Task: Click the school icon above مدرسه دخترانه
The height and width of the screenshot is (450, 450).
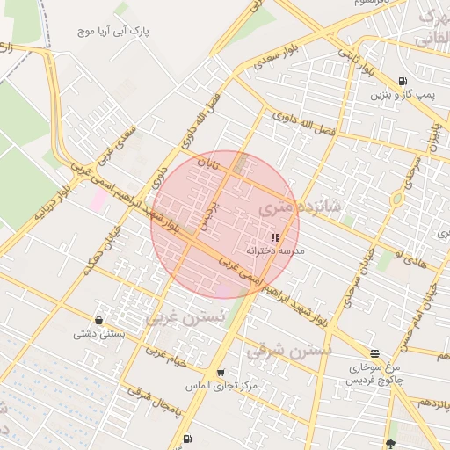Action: coord(276,237)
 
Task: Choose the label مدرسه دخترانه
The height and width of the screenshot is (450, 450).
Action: coord(275,250)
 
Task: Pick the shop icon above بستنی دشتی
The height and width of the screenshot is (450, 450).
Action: coord(98,320)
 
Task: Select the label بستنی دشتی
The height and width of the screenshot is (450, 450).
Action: coord(98,333)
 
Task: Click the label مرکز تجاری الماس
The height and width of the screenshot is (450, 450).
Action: coord(221,386)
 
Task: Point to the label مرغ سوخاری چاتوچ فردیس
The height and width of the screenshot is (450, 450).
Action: coord(375,373)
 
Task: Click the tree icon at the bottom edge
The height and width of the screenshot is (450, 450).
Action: coord(390,444)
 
